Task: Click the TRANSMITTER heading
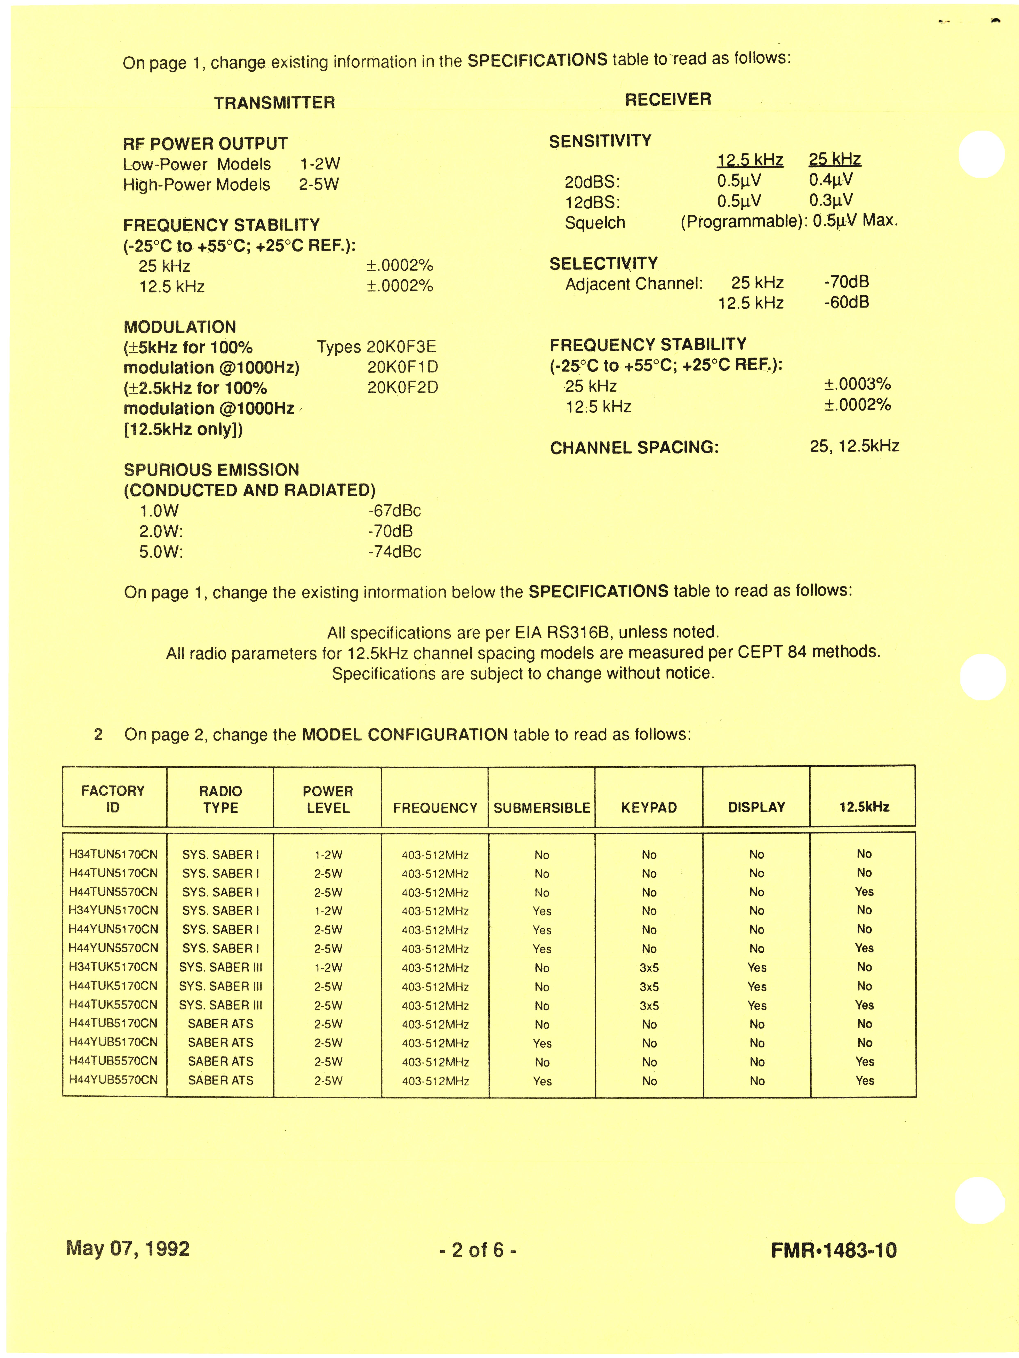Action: pyautogui.click(x=274, y=103)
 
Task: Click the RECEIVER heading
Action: pyautogui.click(x=668, y=99)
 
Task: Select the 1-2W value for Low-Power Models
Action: pyautogui.click(x=320, y=164)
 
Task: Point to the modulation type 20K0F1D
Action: pyautogui.click(x=403, y=367)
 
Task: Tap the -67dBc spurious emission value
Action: pyautogui.click(x=395, y=511)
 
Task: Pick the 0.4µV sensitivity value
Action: pyautogui.click(x=831, y=180)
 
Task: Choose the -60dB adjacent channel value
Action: pyautogui.click(x=847, y=302)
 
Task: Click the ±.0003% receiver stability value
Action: pyautogui.click(x=857, y=384)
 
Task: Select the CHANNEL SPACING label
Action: pyautogui.click(x=634, y=448)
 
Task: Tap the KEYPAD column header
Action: pyautogui.click(x=649, y=808)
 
